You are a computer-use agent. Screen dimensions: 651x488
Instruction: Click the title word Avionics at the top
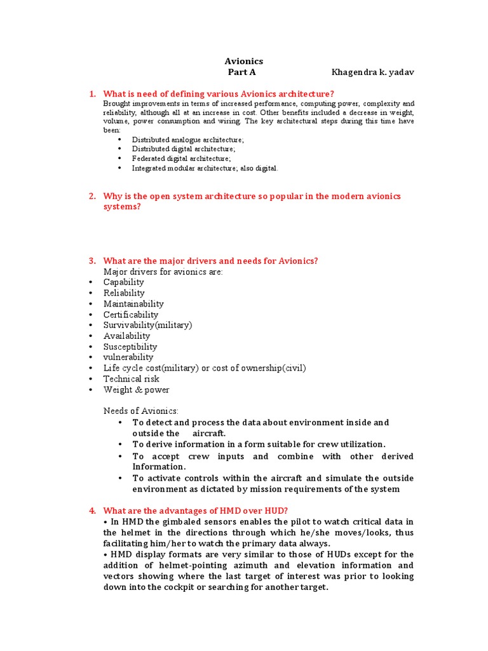tap(243, 61)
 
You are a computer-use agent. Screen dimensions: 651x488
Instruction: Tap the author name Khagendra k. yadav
tap(372, 72)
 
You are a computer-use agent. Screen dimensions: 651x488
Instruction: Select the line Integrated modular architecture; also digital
tap(205, 168)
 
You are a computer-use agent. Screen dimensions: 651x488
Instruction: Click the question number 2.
tap(92, 196)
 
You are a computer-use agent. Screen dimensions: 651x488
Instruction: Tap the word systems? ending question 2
tap(121, 207)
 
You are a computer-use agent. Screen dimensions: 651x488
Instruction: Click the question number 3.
tap(92, 261)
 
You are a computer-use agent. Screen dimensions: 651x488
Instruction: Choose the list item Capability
tap(123, 282)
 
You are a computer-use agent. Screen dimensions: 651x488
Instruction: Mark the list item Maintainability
tap(133, 304)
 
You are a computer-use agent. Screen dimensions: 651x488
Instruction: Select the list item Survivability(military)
tap(147, 325)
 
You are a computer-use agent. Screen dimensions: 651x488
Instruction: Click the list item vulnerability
tap(128, 357)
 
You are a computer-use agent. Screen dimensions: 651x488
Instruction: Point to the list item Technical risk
tap(132, 379)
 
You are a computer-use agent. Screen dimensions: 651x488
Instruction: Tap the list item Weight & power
tap(136, 390)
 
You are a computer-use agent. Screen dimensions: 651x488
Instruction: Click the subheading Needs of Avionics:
tap(141, 411)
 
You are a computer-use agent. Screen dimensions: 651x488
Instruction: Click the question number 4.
tap(92, 511)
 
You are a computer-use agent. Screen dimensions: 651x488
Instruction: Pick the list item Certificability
tap(131, 315)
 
